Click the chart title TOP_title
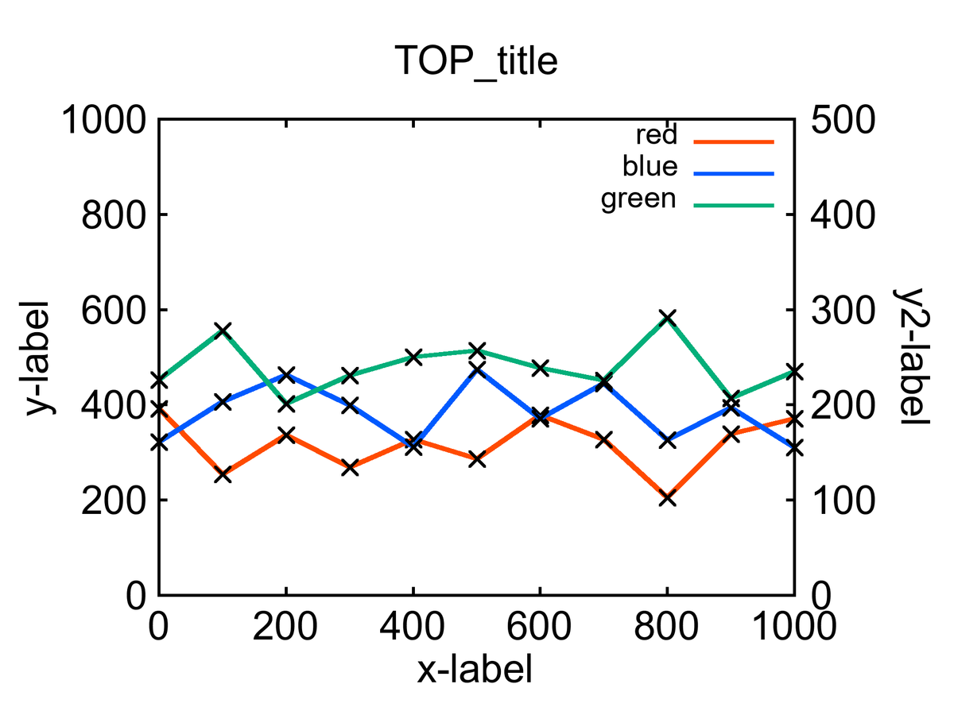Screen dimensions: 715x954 476,61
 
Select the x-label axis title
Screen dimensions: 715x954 475,670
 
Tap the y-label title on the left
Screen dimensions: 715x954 38,357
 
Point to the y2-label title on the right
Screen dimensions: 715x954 913,357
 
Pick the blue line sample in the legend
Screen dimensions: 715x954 733,173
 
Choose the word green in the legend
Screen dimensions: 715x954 638,199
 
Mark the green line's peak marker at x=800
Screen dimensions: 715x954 668,319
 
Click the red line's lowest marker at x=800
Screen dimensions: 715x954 668,498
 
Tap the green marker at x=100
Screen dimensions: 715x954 223,330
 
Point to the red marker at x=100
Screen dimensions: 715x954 223,474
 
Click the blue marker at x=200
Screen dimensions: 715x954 286,375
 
